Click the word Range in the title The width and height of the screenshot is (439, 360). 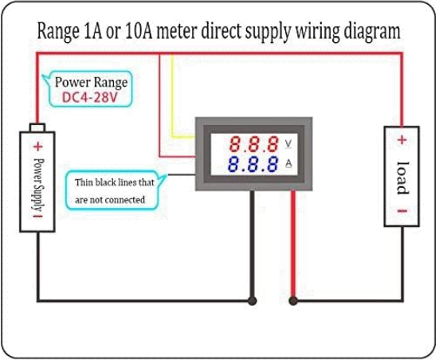tap(58, 31)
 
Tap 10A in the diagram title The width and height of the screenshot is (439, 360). tap(139, 30)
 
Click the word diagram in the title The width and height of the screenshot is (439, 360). tap(372, 32)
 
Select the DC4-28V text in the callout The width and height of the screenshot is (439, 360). tap(90, 97)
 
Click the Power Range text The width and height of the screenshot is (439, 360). tap(92, 82)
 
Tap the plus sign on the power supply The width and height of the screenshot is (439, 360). tap(37, 147)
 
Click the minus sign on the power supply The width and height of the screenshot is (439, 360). tap(37, 216)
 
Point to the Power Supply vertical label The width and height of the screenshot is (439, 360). tap(38, 186)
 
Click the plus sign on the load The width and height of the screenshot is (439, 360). tap(402, 139)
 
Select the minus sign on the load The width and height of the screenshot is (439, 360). tap(402, 211)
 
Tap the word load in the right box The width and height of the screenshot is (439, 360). tap(403, 178)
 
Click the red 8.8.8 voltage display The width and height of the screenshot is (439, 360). tap(254, 144)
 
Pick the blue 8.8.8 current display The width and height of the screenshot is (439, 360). tap(253, 164)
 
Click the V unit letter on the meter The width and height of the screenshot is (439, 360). tap(288, 143)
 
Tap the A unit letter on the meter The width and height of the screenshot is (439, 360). tap(288, 163)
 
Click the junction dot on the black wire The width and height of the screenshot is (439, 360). tap(253, 301)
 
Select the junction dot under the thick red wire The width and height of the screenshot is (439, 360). tap(293, 301)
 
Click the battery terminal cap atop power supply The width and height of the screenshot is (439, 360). tap(37, 127)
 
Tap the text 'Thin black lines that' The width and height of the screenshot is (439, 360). tap(115, 182)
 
